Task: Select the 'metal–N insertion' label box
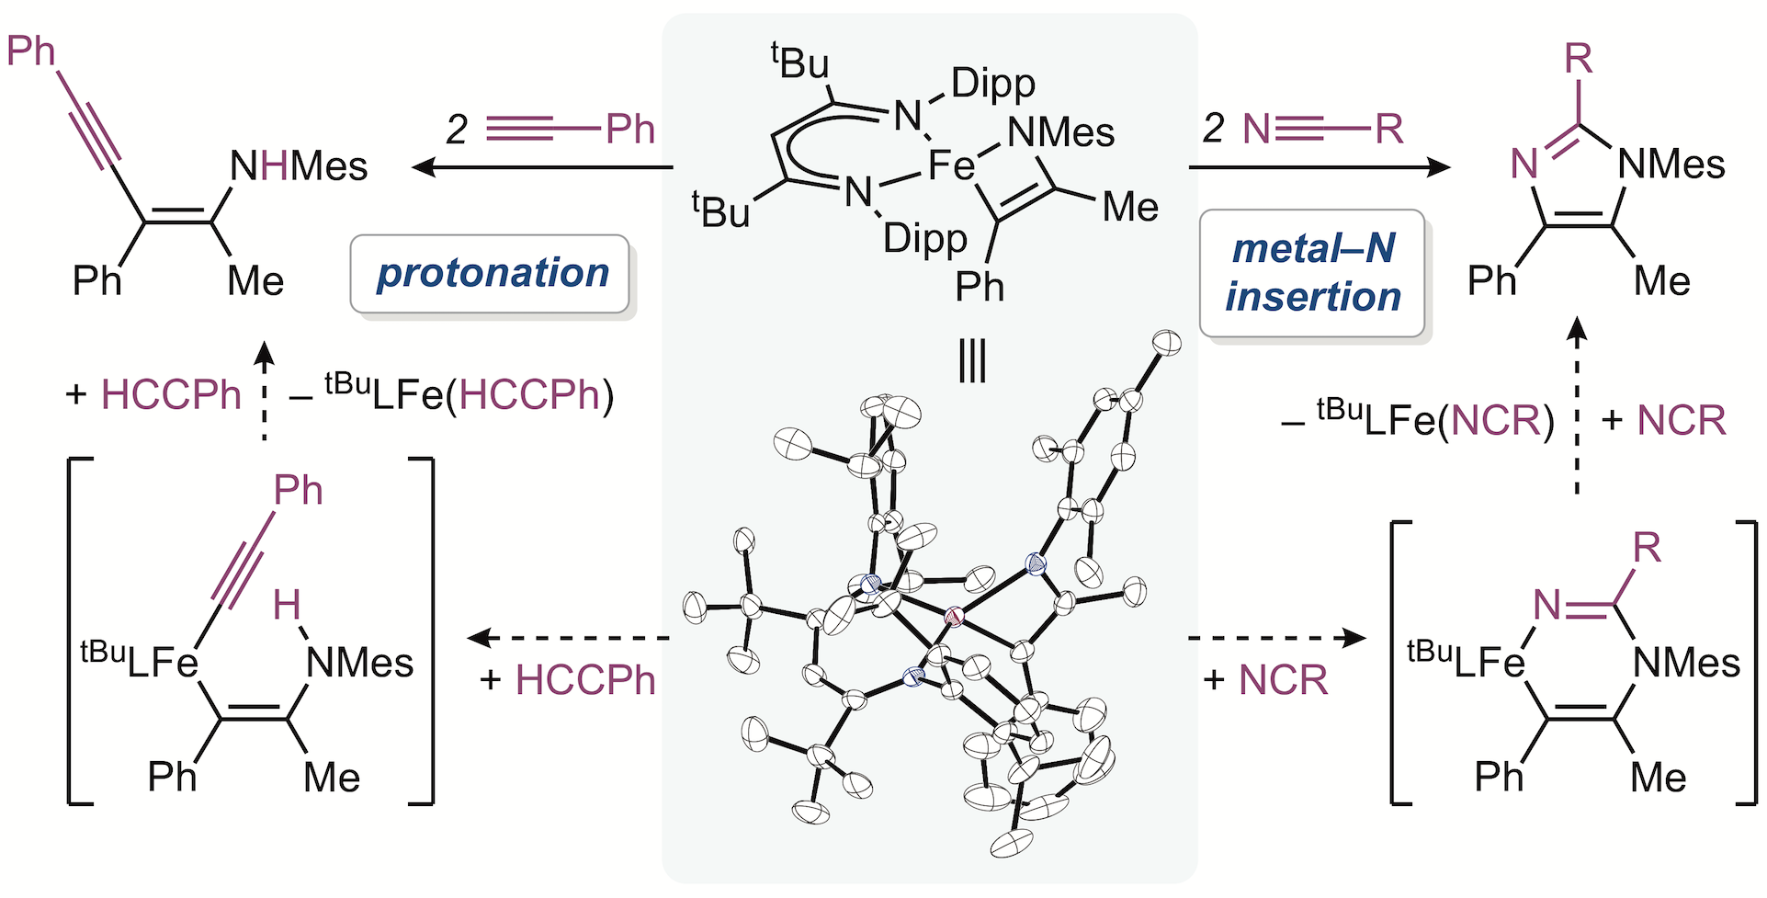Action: coord(1312,273)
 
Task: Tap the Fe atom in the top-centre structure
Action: coord(950,166)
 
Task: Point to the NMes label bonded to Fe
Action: coord(1060,132)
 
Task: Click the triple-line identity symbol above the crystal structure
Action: coord(971,361)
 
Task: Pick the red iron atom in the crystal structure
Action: coord(954,618)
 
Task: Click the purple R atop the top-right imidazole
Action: coord(1578,60)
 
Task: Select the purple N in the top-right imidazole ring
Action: coord(1525,165)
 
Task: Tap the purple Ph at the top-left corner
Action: coord(31,51)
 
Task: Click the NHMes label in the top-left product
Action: coord(299,166)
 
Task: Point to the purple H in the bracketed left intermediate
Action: coord(287,605)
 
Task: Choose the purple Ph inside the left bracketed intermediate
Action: coord(298,491)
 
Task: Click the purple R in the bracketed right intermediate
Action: coord(1647,549)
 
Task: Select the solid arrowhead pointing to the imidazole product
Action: coord(1439,167)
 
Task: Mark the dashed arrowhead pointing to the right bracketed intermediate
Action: coord(1356,637)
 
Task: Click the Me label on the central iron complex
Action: coord(1129,207)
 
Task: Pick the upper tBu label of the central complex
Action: coord(800,63)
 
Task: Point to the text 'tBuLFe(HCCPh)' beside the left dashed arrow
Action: coord(469,395)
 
